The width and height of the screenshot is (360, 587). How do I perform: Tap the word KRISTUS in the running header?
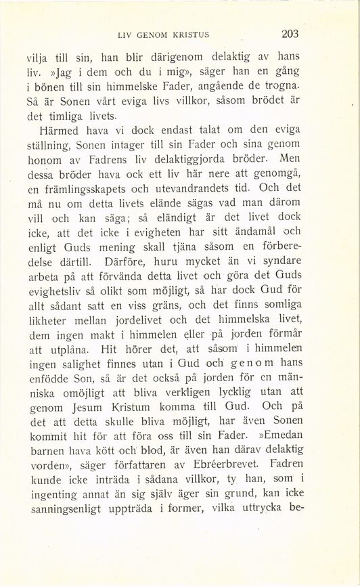coord(198,34)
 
